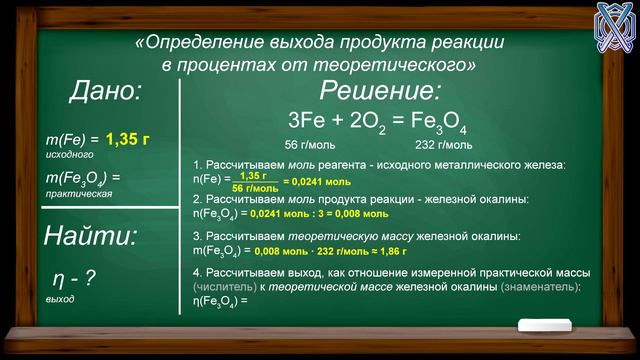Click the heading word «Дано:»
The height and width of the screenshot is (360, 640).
[x=104, y=93]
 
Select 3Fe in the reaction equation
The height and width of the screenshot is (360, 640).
[x=306, y=121]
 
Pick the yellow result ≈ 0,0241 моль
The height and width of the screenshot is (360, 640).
[x=316, y=183]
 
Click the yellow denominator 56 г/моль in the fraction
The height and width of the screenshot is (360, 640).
[x=254, y=188]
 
